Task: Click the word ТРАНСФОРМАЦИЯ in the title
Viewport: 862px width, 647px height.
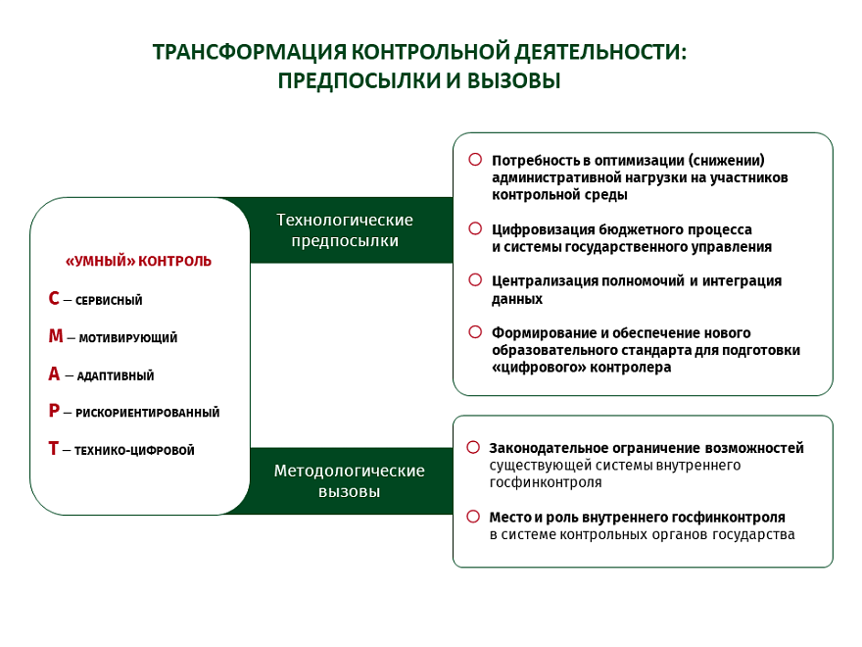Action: tap(250, 52)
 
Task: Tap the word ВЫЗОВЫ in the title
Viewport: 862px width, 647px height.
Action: tap(514, 80)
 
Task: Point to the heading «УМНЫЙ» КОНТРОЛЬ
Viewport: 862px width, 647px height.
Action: tap(138, 261)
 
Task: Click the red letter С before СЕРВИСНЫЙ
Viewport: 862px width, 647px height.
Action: tap(54, 298)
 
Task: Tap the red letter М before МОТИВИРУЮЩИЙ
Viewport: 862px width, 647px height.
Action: tap(56, 335)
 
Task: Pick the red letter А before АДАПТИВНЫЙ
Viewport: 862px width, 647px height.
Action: tap(54, 373)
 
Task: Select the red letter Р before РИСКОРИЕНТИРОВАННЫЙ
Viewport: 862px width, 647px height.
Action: tap(54, 411)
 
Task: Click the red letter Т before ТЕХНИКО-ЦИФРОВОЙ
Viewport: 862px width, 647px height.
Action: tap(53, 448)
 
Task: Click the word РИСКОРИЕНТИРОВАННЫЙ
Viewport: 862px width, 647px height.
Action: tap(147, 413)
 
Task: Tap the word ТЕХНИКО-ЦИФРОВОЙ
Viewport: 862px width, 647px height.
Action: tap(134, 451)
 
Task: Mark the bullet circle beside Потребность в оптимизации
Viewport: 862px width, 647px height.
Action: tap(475, 160)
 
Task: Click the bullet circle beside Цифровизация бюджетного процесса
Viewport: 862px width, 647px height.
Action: tap(475, 228)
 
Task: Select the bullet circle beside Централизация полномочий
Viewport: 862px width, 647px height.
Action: tap(475, 280)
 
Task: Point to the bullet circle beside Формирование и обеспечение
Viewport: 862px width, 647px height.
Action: tap(475, 331)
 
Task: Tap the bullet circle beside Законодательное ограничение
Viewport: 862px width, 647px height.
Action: tap(473, 447)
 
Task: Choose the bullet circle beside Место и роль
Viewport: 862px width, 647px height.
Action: tap(473, 516)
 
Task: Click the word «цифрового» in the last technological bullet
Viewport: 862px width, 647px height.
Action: tap(539, 368)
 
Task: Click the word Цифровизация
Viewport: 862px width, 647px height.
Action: tap(543, 230)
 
